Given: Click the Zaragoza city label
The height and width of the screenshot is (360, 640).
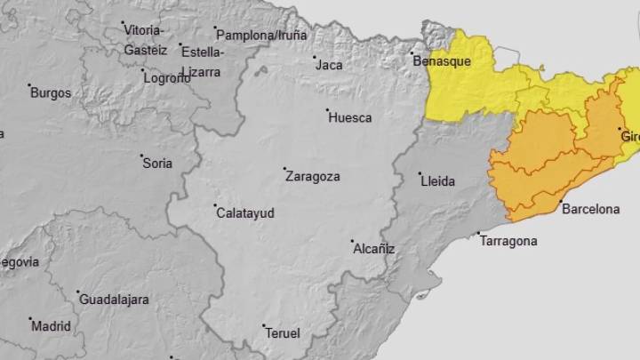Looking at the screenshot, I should click(312, 176).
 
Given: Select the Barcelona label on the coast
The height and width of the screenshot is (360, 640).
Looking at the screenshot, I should click(590, 210).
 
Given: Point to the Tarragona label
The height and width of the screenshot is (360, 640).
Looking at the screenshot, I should click(508, 241).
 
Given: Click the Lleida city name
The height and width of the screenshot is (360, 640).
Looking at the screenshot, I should click(437, 181).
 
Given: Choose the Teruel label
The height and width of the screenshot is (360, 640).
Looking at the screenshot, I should click(284, 333).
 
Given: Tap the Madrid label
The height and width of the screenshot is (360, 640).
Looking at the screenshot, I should click(51, 326).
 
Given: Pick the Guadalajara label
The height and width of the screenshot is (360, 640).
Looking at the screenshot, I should click(114, 300).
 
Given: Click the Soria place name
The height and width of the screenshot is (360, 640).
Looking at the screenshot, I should click(157, 163).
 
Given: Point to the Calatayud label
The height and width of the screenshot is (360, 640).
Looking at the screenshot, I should click(244, 213).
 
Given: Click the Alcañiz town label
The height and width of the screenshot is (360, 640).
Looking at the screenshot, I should click(373, 250).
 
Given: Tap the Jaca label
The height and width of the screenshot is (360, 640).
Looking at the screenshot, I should click(329, 65).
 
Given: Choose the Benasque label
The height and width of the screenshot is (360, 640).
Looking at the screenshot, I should click(441, 61).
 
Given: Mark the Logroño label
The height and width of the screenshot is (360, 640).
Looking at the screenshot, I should click(167, 78).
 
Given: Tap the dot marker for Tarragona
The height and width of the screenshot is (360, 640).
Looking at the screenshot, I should click(479, 235).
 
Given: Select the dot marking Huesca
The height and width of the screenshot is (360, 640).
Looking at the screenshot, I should click(327, 111).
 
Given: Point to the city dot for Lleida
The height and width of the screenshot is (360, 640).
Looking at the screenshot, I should click(421, 174).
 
